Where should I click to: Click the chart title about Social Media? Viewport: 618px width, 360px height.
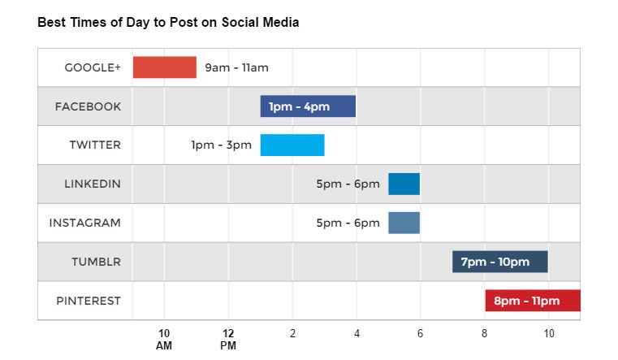pos(168,23)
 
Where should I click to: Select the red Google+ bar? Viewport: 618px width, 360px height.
pos(165,67)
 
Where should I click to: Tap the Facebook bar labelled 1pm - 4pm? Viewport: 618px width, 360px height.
pos(308,106)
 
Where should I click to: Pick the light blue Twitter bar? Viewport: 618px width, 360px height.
pos(292,145)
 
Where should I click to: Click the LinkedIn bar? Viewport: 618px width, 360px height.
pos(404,184)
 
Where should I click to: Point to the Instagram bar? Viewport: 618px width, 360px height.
pos(404,223)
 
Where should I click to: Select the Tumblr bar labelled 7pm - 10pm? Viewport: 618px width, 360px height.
pos(500,262)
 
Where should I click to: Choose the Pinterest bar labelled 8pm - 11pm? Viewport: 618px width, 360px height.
pos(533,301)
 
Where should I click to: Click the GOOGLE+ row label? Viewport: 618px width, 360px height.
pos(93,67)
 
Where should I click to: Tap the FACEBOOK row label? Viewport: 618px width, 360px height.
pos(88,106)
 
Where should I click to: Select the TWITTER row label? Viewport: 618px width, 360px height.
pos(95,145)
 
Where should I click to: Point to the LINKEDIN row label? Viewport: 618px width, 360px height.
pos(93,184)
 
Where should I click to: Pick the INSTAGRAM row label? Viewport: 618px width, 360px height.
pos(85,223)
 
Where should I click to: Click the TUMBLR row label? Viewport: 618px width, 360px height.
pos(96,262)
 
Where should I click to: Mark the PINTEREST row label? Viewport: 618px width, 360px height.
pos(89,301)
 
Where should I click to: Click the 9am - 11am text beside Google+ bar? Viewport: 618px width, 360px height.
pos(236,67)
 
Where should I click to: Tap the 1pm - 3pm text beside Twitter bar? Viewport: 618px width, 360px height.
pos(221,145)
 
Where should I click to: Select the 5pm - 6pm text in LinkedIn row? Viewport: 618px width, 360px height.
pos(348,184)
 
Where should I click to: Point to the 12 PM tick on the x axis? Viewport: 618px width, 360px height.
pos(228,339)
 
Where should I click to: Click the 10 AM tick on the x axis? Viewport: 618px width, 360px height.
pos(164,339)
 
